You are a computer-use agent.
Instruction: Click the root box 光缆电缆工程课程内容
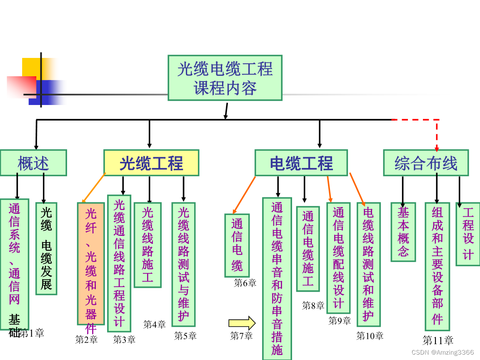click(225, 78)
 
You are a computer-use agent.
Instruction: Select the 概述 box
click(33, 162)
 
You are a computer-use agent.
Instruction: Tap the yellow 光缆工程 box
click(151, 163)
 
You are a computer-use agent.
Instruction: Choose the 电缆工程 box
click(301, 163)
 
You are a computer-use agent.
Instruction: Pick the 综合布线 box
click(426, 163)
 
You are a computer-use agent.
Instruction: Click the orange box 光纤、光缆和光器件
click(91, 263)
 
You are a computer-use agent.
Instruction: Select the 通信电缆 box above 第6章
click(237, 245)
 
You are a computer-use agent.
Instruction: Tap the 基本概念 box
click(403, 232)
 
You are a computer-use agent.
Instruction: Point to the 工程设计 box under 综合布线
click(468, 234)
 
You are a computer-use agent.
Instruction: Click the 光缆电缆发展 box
click(46, 249)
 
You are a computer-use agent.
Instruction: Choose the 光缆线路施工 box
click(147, 245)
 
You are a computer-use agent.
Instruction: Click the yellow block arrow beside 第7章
click(242, 323)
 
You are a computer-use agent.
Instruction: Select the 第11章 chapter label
click(438, 340)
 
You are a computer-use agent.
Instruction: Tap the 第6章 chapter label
click(245, 283)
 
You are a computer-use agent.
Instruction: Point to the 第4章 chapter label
click(155, 324)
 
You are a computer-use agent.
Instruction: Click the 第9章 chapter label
click(340, 320)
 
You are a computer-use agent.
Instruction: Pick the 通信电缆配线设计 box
click(338, 258)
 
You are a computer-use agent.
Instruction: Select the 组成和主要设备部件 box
click(437, 266)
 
